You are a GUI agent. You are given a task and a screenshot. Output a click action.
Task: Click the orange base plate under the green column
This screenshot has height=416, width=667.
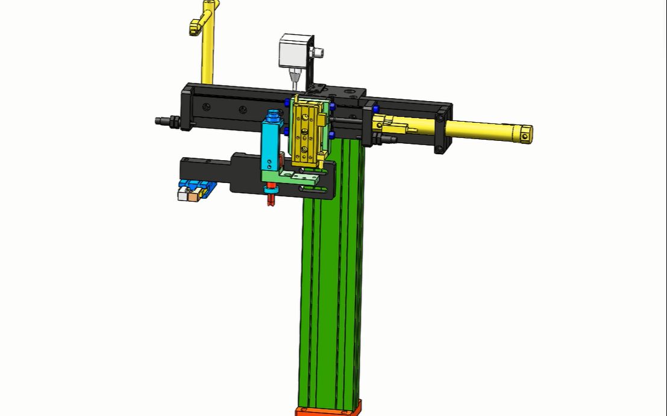pyautogui.click(x=328, y=411)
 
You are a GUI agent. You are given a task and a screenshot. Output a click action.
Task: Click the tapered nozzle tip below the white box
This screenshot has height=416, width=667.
pyautogui.click(x=294, y=78)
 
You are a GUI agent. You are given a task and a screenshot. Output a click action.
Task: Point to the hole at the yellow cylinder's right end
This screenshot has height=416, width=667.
pyautogui.click(x=525, y=137)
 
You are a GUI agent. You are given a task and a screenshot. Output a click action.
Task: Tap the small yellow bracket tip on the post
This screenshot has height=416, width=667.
pyautogui.click(x=195, y=27)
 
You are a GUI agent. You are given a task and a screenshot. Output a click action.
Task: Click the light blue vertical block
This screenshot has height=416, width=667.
pyautogui.click(x=269, y=144)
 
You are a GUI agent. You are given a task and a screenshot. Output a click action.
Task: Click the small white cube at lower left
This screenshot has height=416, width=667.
pyautogui.click(x=183, y=194)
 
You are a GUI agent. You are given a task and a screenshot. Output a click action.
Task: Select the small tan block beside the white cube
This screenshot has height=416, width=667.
pyautogui.click(x=193, y=195)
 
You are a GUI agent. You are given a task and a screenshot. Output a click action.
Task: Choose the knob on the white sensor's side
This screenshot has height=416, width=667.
pyautogui.click(x=318, y=54)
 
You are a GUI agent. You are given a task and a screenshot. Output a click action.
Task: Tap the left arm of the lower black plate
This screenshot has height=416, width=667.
pyautogui.click(x=205, y=166)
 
